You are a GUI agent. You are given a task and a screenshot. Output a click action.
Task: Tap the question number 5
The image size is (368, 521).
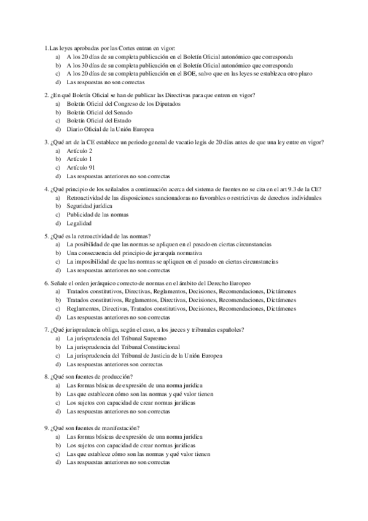[x=47, y=236]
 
